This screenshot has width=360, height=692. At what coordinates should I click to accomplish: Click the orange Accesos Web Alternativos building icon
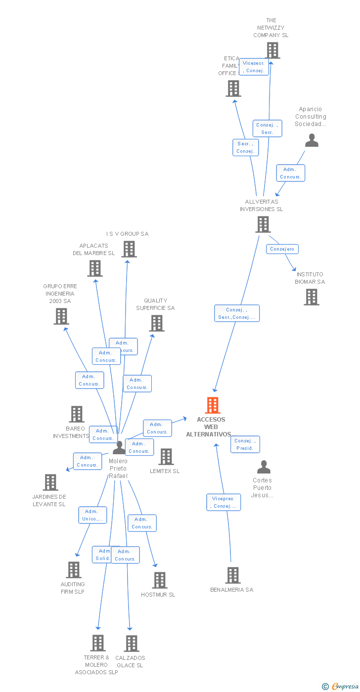point(213,405)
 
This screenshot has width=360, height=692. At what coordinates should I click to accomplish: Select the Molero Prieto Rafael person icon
point(119,447)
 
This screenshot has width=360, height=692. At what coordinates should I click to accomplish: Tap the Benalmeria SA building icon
point(233,575)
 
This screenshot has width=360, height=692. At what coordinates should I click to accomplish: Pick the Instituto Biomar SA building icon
point(311,297)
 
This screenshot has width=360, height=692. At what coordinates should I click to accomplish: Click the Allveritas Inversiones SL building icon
point(263,224)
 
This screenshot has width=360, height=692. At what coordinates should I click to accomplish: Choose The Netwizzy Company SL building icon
point(272,50)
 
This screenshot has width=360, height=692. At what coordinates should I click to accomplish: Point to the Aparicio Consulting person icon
point(312,140)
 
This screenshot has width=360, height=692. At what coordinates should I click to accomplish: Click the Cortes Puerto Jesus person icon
point(264,467)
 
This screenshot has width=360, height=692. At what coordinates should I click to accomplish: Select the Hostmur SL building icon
point(159,580)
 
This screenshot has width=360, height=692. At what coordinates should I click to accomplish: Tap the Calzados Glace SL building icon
point(131,644)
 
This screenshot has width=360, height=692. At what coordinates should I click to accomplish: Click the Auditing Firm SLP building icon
point(74,570)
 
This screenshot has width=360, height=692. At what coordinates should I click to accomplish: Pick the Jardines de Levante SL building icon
point(50,482)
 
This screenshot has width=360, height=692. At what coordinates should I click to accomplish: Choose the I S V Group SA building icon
point(129,249)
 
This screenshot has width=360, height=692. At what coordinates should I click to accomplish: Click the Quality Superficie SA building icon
point(156,323)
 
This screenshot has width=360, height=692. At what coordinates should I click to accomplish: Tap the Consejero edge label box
point(282,249)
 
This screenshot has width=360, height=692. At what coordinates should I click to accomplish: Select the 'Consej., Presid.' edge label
point(245,444)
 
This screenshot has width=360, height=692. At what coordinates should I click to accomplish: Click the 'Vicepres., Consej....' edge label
point(224,502)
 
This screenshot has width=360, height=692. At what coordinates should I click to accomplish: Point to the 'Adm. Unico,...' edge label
point(92,515)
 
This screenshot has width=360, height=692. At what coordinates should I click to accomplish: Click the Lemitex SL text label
point(165,471)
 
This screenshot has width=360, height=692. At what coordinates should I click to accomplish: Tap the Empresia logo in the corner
point(340,686)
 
